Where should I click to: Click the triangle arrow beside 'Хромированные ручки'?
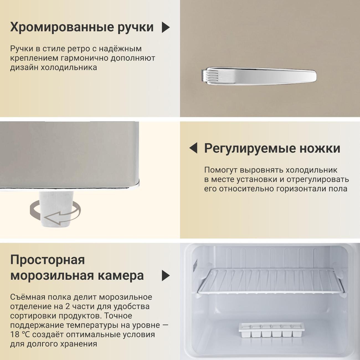click(166, 27)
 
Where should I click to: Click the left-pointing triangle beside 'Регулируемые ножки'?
click(194, 148)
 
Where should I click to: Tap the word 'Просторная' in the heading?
click(47, 260)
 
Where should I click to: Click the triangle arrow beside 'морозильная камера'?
click(166, 276)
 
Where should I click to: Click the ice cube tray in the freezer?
click(271, 330)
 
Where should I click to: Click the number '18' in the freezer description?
click(15, 335)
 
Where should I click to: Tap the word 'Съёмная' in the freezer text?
click(27, 297)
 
